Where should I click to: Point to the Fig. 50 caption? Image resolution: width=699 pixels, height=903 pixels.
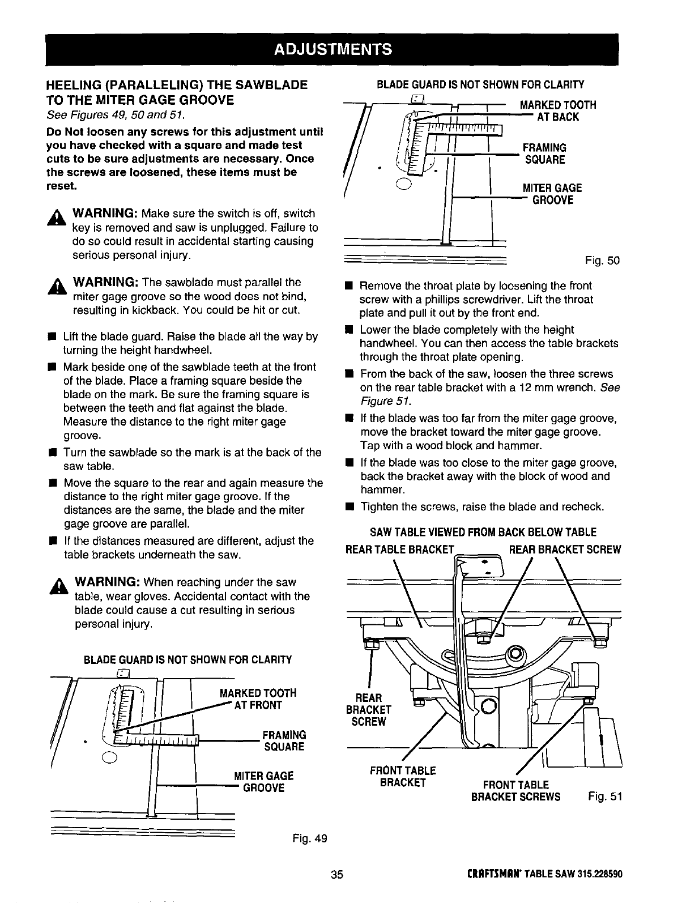tap(603, 261)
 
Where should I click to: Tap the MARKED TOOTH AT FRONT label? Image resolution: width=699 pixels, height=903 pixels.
tap(258, 699)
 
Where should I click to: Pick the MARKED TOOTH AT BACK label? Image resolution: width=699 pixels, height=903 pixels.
tap(558, 110)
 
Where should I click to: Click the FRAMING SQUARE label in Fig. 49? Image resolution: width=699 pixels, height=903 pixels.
tap(283, 740)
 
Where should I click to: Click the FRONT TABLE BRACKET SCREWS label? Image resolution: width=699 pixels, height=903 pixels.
tap(515, 791)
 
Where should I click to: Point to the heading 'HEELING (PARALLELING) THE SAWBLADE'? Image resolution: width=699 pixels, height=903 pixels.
tap(177, 85)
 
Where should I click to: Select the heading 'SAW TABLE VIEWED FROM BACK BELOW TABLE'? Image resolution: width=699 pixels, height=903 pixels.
tap(483, 532)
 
